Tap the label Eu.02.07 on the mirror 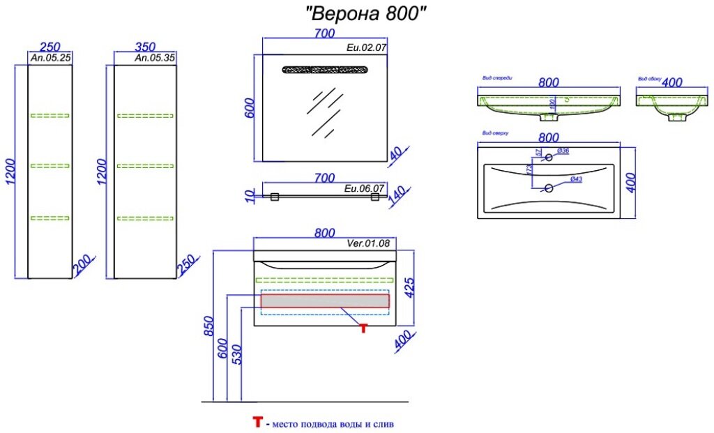[365, 47]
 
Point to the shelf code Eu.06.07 [364, 188]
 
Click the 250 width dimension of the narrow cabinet [50, 47]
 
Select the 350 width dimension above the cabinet [144, 47]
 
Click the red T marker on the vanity [363, 328]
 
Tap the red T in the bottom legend [258, 422]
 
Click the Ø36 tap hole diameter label [564, 151]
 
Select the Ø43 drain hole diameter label [576, 180]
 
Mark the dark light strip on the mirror [324, 69]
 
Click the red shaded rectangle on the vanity [324, 301]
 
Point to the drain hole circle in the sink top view [549, 187]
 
